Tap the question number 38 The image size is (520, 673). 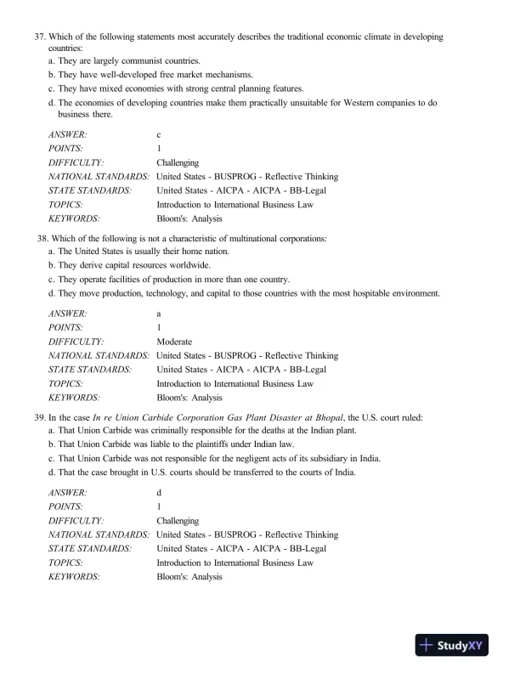click(39, 238)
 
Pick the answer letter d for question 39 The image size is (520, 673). click(159, 493)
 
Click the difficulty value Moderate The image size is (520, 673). click(174, 342)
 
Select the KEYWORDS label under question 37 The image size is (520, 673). click(74, 218)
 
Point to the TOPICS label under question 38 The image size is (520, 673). click(65, 383)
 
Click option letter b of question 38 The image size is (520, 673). click(52, 265)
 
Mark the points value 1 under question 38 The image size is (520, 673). click(159, 328)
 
